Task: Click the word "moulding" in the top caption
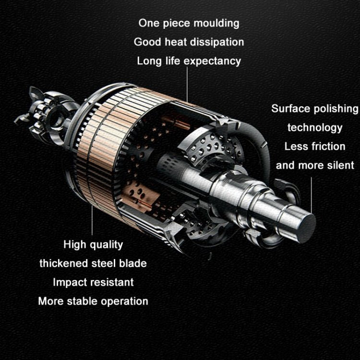(216, 24)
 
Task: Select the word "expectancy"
(212, 61)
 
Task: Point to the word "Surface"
(291, 108)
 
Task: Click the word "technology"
(315, 128)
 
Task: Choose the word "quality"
(106, 245)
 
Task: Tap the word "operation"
(124, 301)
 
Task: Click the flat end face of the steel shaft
(307, 228)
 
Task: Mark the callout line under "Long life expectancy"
(187, 84)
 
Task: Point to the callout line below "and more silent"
(312, 195)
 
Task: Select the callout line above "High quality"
(92, 220)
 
